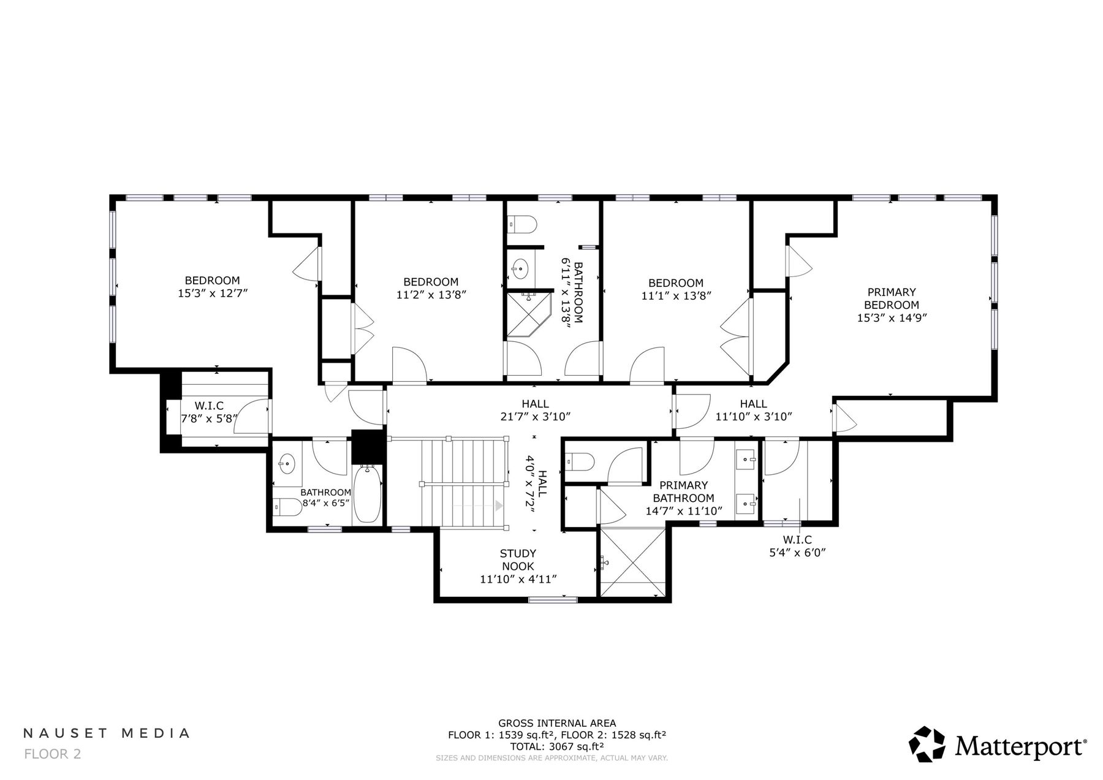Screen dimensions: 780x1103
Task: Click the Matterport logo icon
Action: [927, 744]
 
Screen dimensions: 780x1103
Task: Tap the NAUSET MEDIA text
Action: [107, 733]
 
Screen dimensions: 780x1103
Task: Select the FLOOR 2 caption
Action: [52, 754]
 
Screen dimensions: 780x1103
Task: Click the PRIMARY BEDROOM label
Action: [892, 298]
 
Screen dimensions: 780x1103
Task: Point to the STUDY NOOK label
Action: [518, 560]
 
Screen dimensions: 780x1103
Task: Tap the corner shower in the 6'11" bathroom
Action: [527, 314]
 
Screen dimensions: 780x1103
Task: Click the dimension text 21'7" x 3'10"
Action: [536, 417]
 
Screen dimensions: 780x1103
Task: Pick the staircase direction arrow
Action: [499, 506]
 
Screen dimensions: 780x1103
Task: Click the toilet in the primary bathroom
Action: [579, 461]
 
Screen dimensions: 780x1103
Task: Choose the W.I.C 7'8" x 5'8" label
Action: [209, 412]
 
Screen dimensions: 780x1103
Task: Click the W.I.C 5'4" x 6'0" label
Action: [797, 546]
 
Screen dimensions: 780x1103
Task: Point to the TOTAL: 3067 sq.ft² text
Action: [557, 746]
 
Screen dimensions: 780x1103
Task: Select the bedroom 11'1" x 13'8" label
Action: [676, 289]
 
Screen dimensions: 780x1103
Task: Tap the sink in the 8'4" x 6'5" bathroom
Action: [286, 463]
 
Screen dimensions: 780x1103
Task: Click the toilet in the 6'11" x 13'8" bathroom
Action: [523, 225]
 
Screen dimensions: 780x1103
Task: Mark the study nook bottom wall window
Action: [552, 600]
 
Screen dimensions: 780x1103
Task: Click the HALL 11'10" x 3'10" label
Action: [753, 410]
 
